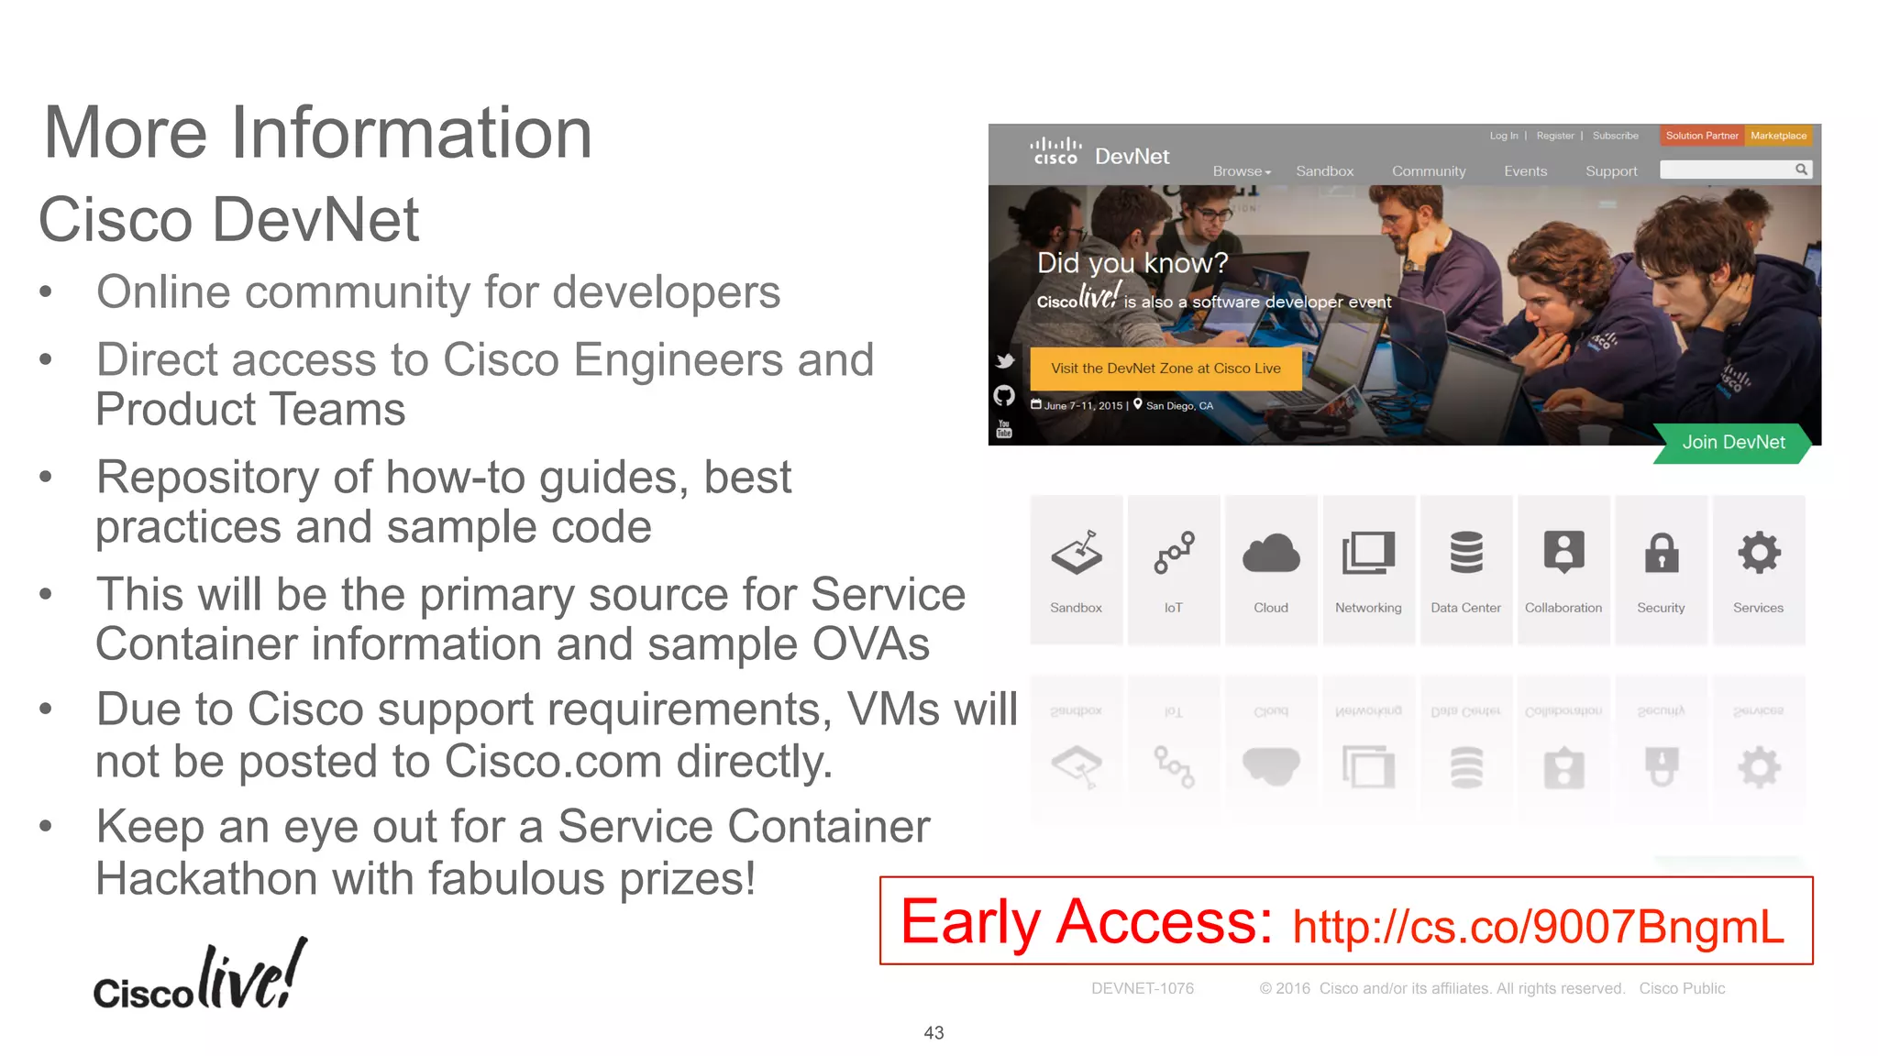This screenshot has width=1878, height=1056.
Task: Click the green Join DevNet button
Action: (x=1732, y=443)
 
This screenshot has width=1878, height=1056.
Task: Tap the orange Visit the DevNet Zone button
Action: (x=1165, y=368)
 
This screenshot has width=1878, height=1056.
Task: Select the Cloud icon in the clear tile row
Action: (x=1271, y=554)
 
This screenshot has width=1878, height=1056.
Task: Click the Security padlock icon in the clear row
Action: (x=1661, y=554)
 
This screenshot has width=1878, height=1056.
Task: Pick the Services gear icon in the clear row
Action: (x=1758, y=554)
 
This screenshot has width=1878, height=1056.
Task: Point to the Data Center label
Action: (x=1465, y=608)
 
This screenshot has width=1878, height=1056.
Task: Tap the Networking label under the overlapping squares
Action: (x=1368, y=608)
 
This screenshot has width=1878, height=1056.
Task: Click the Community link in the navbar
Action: (x=1429, y=171)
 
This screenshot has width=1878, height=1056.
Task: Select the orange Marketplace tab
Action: (x=1778, y=136)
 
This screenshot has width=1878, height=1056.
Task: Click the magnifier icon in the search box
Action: (x=1801, y=170)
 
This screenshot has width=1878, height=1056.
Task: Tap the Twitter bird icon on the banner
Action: (x=1005, y=361)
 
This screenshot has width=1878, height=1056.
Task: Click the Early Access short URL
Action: (x=1538, y=926)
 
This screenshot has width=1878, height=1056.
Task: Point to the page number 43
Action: (x=933, y=1033)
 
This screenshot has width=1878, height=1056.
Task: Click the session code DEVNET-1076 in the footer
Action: (x=1142, y=988)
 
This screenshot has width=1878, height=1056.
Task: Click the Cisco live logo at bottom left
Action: (x=200, y=976)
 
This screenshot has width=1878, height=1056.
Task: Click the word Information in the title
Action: (x=411, y=133)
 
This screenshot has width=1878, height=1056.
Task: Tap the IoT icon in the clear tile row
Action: (x=1174, y=554)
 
